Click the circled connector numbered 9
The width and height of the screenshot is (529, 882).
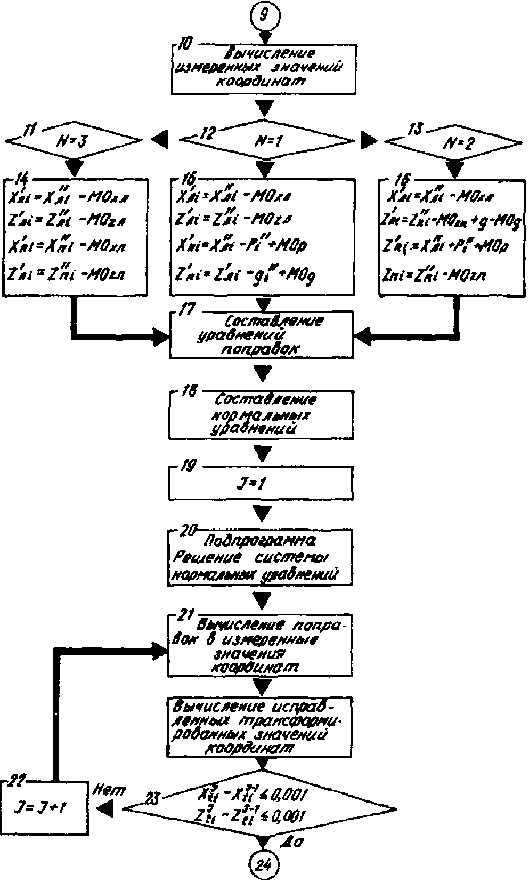tap(264, 14)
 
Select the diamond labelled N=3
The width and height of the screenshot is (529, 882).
tap(74, 140)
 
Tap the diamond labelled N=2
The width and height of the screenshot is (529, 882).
tap(453, 142)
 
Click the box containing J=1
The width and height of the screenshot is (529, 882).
tap(261, 484)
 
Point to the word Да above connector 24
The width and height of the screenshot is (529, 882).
tap(292, 843)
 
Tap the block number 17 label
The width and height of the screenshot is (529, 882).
tap(186, 311)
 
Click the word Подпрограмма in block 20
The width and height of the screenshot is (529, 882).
tap(260, 542)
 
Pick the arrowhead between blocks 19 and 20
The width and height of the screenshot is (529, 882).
tap(262, 514)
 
